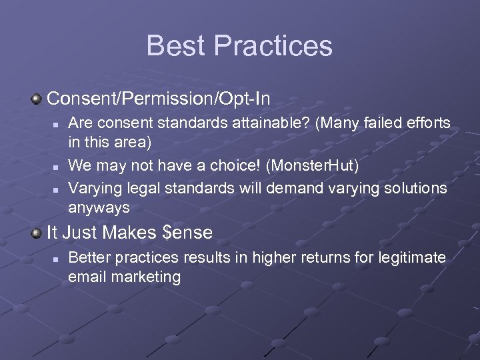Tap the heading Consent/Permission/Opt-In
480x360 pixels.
pyautogui.click(x=159, y=99)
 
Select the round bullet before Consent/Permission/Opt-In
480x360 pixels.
pyautogui.click(x=37, y=99)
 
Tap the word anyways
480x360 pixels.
pyautogui.click(x=99, y=208)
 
